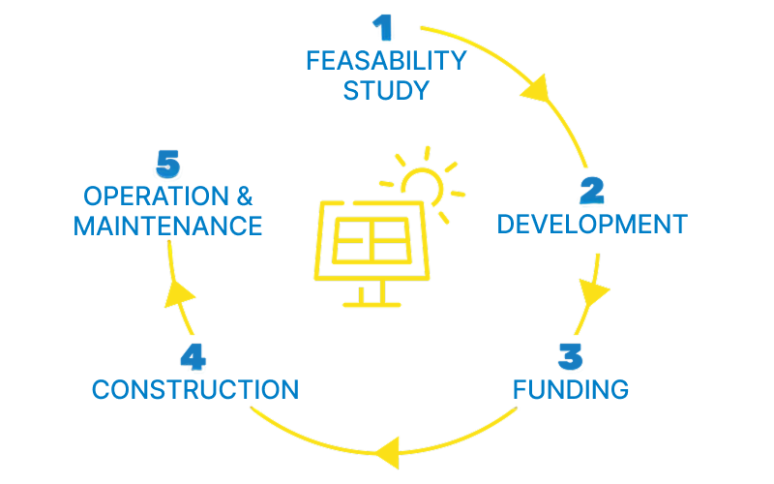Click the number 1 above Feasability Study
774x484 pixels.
383,28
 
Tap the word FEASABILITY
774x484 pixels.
386,61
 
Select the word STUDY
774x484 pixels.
386,91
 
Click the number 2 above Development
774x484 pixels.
592,190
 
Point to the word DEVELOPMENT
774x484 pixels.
592,225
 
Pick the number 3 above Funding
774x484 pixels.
571,356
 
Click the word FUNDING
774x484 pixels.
571,390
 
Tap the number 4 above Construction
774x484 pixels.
193,356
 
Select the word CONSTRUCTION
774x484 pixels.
195,390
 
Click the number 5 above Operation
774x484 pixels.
168,164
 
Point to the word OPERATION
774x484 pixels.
156,197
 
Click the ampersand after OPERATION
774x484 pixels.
245,197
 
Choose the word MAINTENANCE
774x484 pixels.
167,227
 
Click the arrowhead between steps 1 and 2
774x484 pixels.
536,90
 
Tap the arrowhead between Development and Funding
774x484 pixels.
593,291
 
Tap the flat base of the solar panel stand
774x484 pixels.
372,305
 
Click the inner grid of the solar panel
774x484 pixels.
372,240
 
